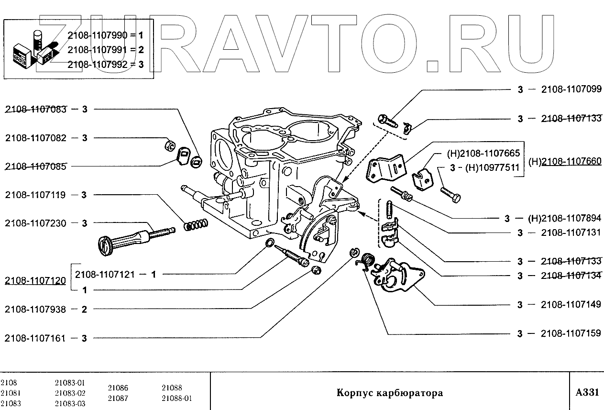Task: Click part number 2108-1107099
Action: coord(571,89)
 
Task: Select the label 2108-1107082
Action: coord(36,138)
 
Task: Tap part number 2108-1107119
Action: coord(36,195)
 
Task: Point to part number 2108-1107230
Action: coord(36,223)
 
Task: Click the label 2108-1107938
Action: coord(36,309)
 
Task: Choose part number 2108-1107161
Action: coord(36,338)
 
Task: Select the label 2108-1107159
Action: coord(571,333)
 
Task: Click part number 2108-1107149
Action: coord(571,305)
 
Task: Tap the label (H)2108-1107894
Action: coord(564,218)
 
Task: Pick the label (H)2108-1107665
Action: coord(483,154)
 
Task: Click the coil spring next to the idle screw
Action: coord(196,224)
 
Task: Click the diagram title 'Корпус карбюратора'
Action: coord(390,393)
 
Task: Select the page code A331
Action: coord(587,393)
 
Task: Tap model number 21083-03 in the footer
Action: coord(70,403)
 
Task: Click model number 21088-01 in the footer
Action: coord(176,398)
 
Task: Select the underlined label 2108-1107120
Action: coord(36,281)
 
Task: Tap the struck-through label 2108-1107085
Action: coord(36,166)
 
